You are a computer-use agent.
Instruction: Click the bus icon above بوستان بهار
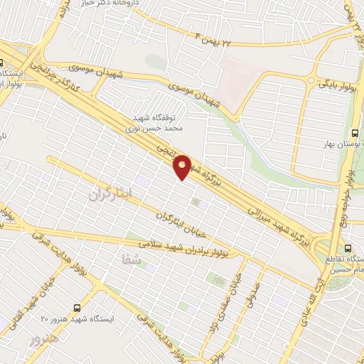(355, 133)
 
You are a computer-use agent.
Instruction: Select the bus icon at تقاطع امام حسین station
(347, 248)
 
